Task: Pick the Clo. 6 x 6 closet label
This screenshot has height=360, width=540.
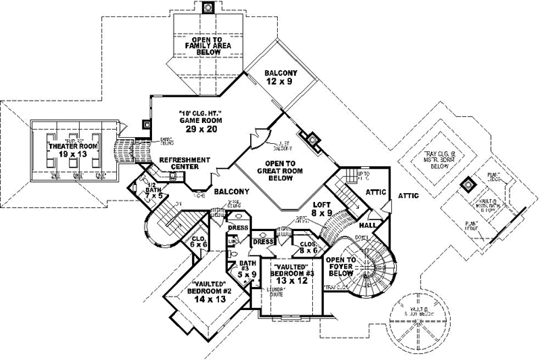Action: (197, 240)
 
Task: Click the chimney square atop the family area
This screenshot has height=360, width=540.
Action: (209, 7)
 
